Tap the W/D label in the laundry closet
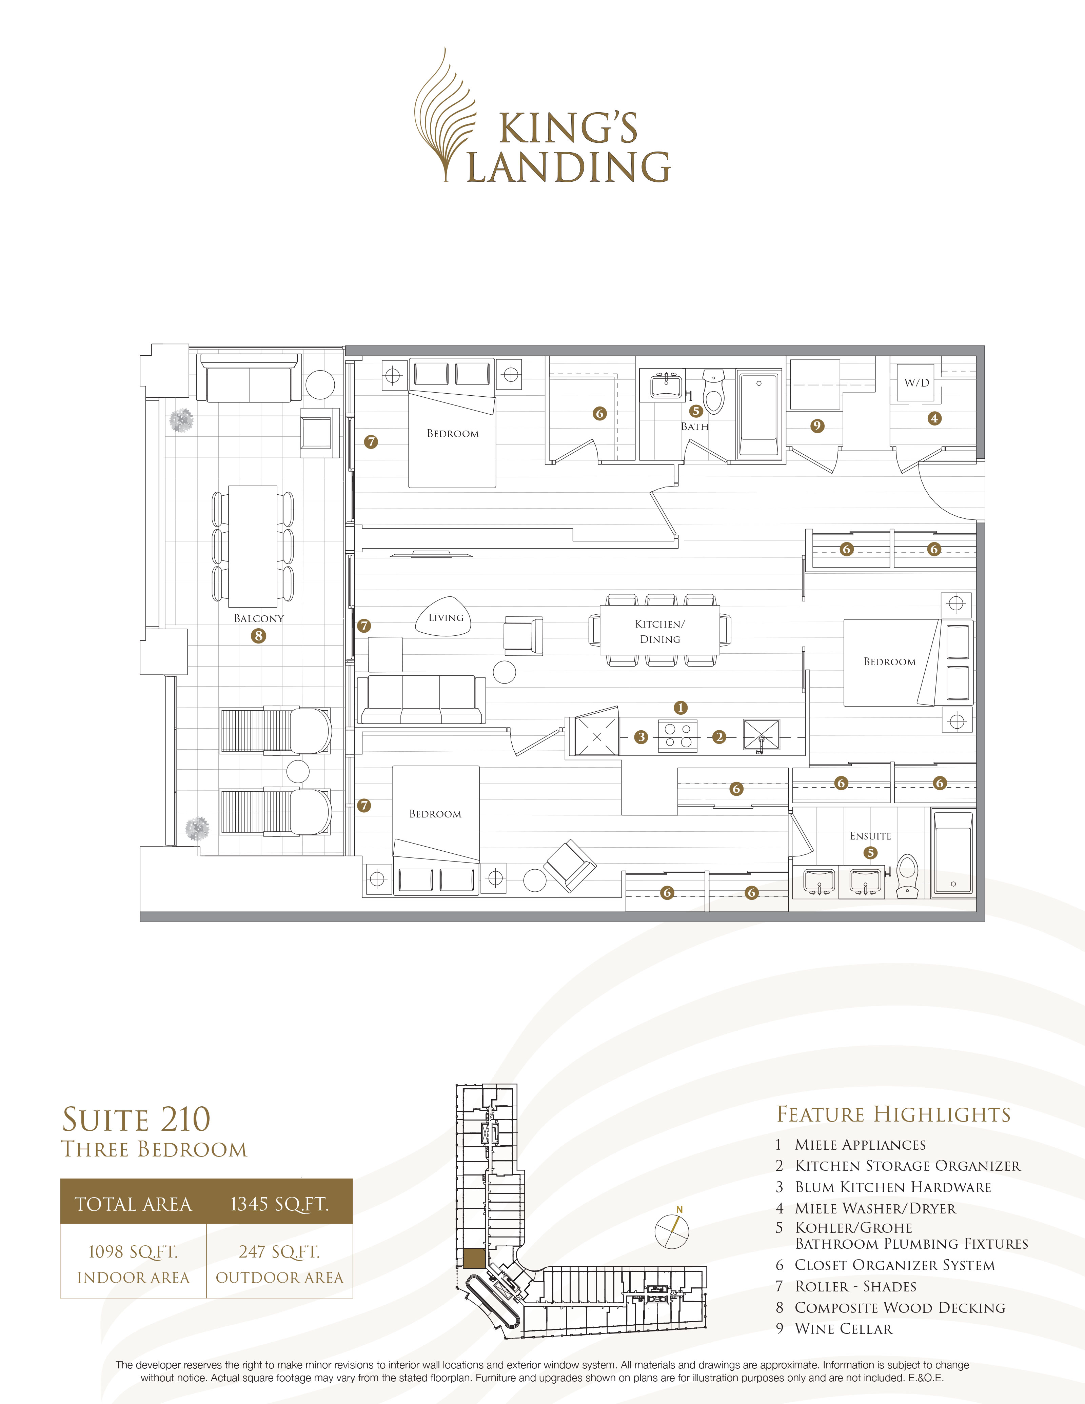tap(916, 382)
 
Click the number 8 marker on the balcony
tap(258, 636)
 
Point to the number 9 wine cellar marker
tap(817, 426)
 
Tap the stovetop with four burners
tap(677, 736)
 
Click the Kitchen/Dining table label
tap(660, 631)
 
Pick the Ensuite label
tap(870, 836)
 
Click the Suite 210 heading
tap(136, 1119)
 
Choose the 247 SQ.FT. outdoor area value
tap(279, 1252)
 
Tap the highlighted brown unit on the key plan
tap(474, 1258)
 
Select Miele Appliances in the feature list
tap(860, 1145)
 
